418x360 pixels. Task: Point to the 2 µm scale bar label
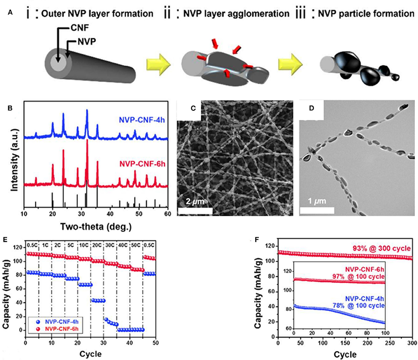coord(194,202)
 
